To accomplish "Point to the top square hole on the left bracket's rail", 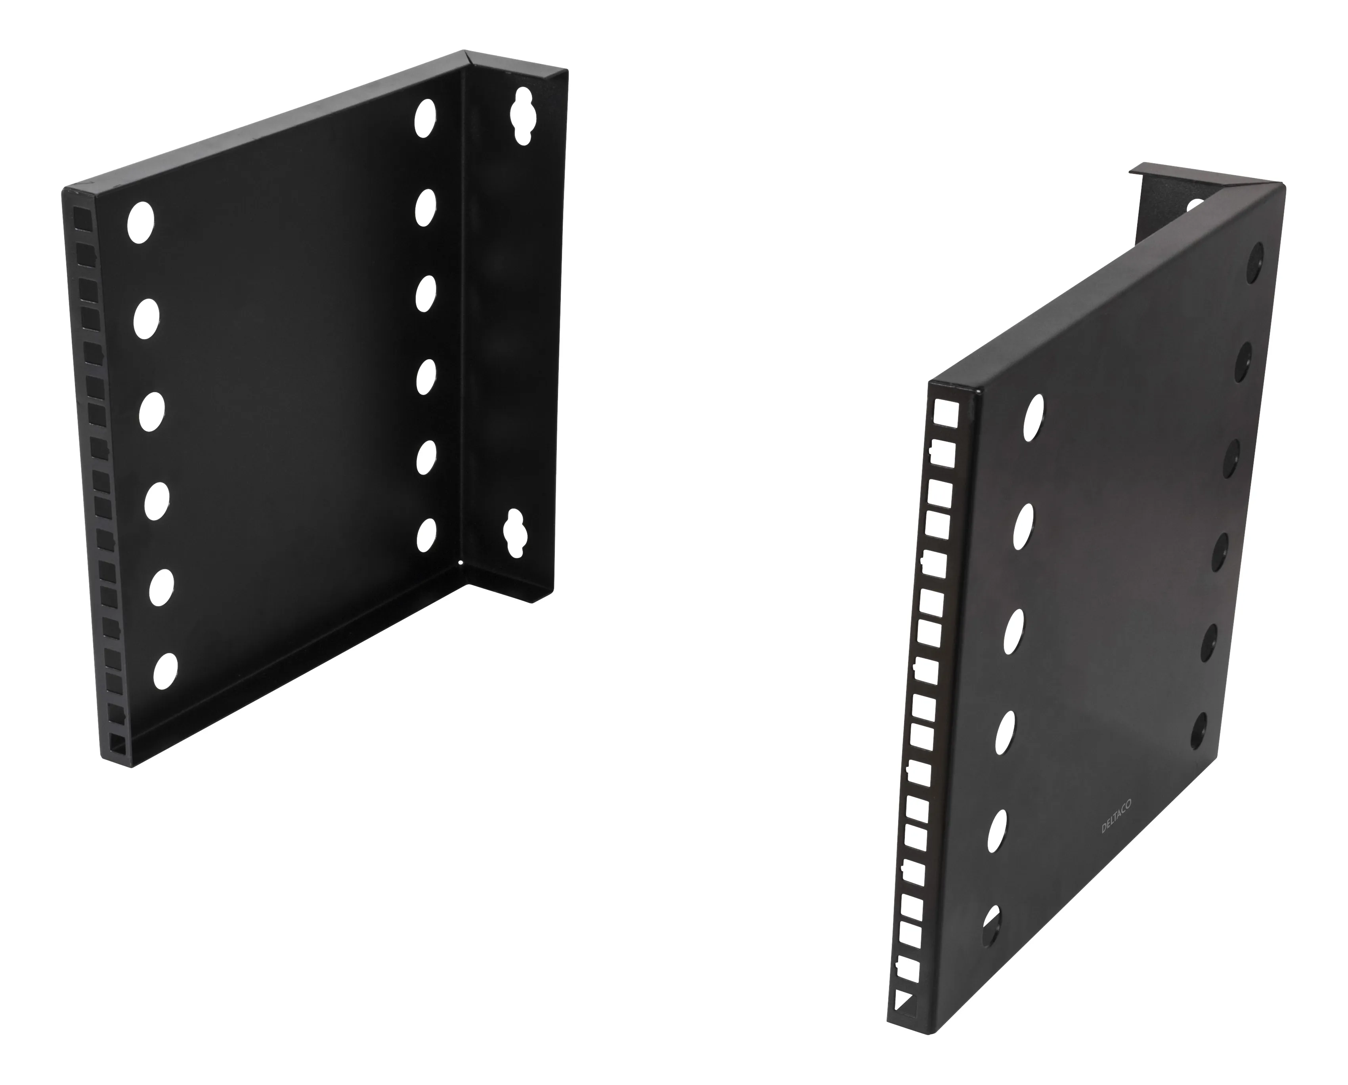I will click(80, 219).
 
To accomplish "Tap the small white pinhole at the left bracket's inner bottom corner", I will click(461, 562).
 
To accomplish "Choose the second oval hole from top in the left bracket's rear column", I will click(425, 206).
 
